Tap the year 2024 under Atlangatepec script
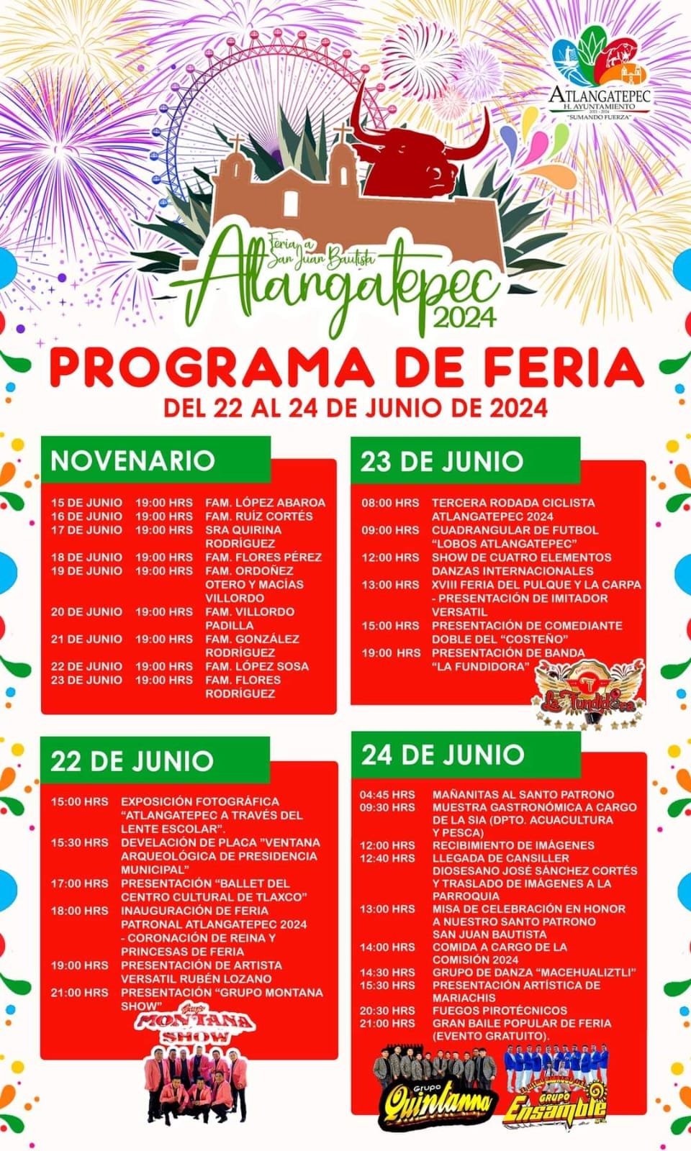click(465, 315)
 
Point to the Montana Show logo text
click(196, 1027)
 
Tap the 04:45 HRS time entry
click(388, 795)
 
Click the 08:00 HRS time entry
click(390, 503)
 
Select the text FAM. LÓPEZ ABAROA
click(265, 503)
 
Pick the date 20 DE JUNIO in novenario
click(86, 612)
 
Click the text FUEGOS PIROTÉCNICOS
click(500, 1011)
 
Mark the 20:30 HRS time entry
click(388, 1011)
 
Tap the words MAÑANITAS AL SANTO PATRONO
click(523, 795)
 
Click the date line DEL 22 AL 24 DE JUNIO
click(356, 408)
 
